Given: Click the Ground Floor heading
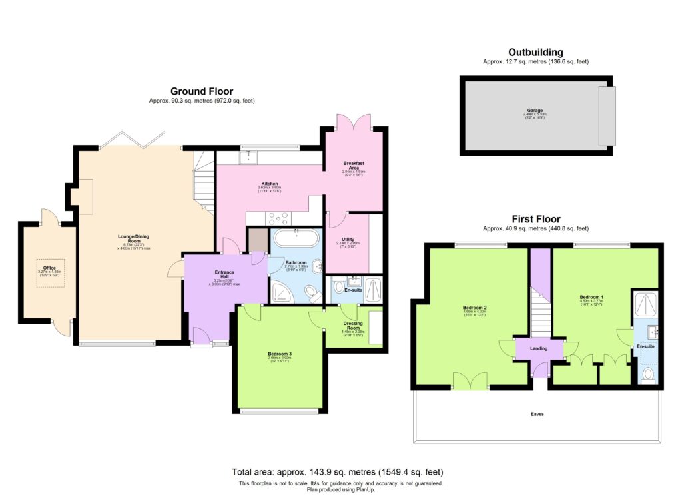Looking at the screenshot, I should (202, 91).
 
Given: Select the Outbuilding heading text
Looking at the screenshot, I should (535, 52).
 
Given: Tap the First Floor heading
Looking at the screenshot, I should (535, 218).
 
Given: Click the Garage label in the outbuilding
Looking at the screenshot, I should (535, 110).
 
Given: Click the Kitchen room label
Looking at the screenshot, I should (270, 184).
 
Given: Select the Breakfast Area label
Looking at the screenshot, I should (352, 165).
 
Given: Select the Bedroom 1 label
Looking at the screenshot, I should (591, 296).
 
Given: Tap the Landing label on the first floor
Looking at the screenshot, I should (539, 348).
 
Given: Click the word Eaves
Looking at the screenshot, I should (537, 415).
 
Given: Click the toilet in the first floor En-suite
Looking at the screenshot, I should (649, 376).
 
